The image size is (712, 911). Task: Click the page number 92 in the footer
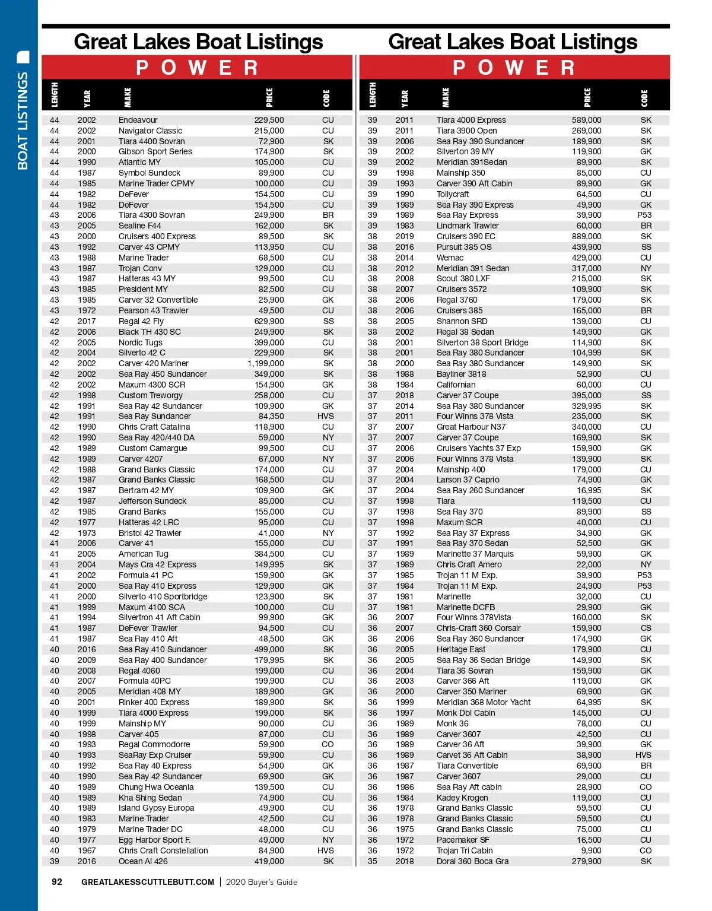tap(57, 882)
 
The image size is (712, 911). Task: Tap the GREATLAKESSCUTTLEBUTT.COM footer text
tap(148, 883)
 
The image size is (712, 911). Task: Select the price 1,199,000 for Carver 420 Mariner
tap(266, 363)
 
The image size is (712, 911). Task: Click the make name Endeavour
tap(138, 120)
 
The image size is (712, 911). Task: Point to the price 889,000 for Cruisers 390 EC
tap(586, 236)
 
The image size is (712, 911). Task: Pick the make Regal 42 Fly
tap(141, 321)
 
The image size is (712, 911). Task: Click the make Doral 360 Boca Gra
tap(472, 861)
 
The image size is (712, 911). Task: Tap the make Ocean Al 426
tap(143, 861)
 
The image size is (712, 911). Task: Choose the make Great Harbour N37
tap(471, 427)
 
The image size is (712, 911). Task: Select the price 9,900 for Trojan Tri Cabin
tap(591, 850)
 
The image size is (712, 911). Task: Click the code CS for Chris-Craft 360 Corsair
tap(646, 628)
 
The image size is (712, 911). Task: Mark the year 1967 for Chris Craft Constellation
tap(87, 850)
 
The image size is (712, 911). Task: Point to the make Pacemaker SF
tap(463, 840)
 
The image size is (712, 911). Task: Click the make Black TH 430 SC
tap(150, 332)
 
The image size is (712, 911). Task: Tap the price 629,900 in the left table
tap(269, 321)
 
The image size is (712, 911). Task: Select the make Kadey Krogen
tap(462, 798)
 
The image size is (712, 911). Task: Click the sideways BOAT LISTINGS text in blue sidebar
tap(23, 121)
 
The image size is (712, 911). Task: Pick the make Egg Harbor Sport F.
tap(154, 840)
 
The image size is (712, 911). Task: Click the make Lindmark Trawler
tap(468, 226)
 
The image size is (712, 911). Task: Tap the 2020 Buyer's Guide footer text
tap(262, 883)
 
